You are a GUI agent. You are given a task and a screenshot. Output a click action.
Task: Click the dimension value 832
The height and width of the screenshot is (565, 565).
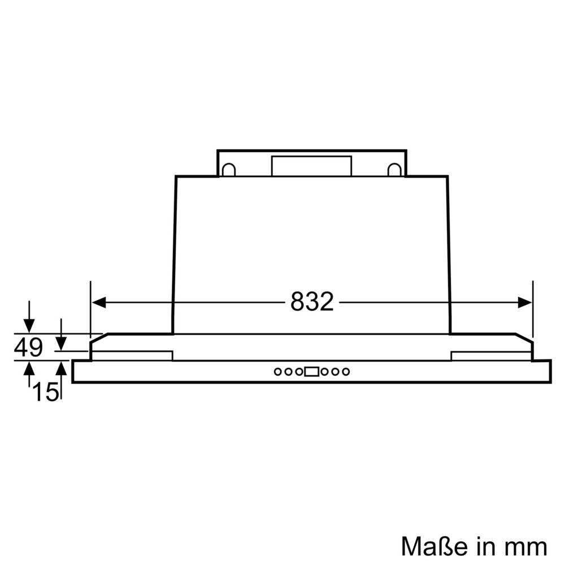(312, 303)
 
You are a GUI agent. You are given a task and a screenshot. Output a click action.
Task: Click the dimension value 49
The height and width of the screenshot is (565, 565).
(28, 348)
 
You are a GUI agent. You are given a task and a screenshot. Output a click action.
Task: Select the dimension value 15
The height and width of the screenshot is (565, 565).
(46, 392)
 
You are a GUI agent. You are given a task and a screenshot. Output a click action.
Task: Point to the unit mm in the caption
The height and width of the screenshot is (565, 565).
(527, 546)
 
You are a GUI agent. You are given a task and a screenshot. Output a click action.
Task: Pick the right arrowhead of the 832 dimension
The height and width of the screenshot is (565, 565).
(525, 303)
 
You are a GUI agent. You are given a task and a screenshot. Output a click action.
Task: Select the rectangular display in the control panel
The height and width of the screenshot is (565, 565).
(311, 372)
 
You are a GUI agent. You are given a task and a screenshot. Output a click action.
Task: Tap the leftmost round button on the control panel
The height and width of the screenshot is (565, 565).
(279, 372)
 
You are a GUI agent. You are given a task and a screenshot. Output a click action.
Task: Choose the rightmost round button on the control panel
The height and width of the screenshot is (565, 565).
(345, 372)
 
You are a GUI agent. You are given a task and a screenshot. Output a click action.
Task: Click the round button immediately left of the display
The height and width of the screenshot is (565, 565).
(298, 372)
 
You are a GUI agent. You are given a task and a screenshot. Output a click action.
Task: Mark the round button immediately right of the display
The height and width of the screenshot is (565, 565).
(324, 372)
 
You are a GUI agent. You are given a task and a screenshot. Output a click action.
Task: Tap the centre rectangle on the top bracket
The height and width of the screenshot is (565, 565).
(311, 166)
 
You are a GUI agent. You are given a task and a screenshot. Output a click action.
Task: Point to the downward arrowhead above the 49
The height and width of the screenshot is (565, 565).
(29, 327)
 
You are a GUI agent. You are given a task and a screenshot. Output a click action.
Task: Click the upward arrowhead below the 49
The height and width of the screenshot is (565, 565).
(29, 368)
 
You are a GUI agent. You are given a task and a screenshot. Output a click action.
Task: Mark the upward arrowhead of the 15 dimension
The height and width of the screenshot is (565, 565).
(61, 368)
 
